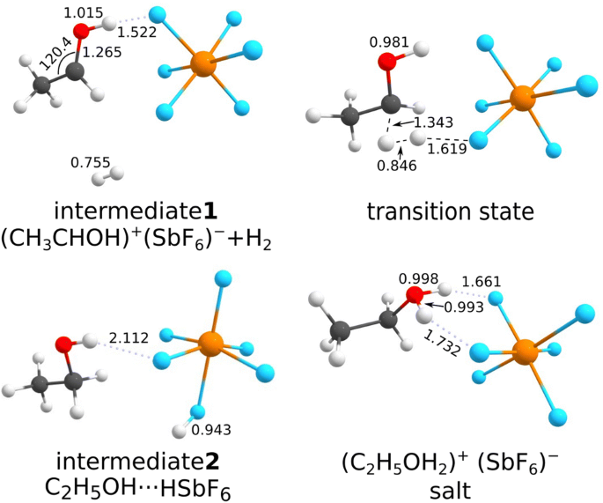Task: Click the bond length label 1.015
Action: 85,12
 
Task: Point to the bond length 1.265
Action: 101,53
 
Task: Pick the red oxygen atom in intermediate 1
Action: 81,32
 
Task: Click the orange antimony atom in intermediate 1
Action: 203,63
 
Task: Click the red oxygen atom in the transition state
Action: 387,62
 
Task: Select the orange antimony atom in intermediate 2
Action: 210,342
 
